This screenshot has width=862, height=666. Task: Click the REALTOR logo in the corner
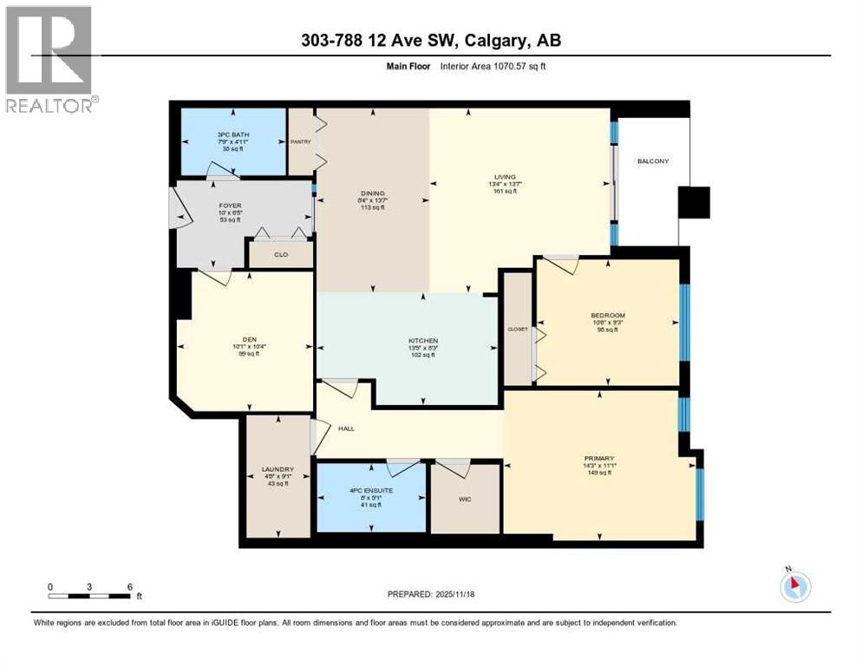pyautogui.click(x=49, y=59)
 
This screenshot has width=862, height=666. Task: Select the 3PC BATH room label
pyautogui.click(x=230, y=135)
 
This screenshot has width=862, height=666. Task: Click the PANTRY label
pyautogui.click(x=300, y=140)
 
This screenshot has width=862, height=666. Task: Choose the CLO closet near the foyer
pyautogui.click(x=280, y=254)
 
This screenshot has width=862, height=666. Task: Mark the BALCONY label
pyautogui.click(x=652, y=161)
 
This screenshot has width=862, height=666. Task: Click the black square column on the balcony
pyautogui.click(x=694, y=202)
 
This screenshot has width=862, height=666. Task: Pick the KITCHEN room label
pyautogui.click(x=423, y=341)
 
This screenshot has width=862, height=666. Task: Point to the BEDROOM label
pyautogui.click(x=607, y=316)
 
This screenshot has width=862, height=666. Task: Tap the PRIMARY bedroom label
pyautogui.click(x=598, y=459)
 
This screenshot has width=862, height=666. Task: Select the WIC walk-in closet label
pyautogui.click(x=465, y=499)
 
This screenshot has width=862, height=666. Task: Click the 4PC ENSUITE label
pyautogui.click(x=370, y=491)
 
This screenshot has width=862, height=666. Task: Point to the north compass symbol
pyautogui.click(x=794, y=585)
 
